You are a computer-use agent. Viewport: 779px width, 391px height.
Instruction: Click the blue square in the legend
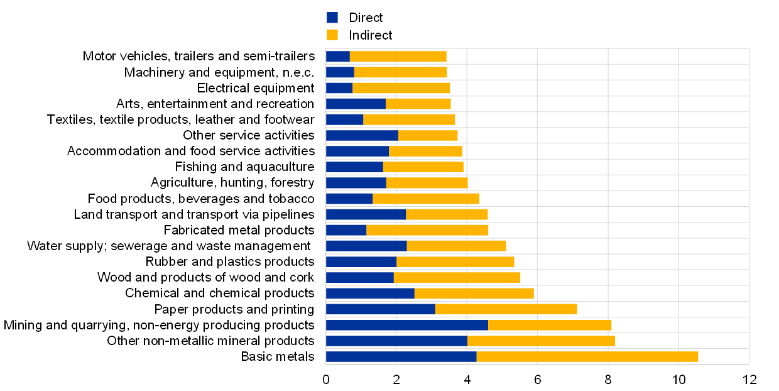coord(332,18)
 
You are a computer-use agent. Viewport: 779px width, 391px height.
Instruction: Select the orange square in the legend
coord(332,35)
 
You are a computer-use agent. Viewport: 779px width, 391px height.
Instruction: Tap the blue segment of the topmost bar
coord(338,57)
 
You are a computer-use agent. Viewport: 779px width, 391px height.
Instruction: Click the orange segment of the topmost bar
coord(398,57)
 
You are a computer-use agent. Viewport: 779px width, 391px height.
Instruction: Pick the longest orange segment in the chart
coord(587,356)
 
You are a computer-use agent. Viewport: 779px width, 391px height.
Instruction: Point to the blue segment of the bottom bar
coord(401,356)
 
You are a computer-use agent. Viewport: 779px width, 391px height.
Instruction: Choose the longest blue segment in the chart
coord(406,325)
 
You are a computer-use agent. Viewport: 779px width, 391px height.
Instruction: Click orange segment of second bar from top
coord(400,72)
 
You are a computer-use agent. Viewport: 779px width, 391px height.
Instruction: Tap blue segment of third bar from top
coord(339,88)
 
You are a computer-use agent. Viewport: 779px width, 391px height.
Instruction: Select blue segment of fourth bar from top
coord(356,104)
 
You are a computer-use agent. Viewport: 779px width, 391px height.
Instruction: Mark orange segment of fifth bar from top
coord(409,119)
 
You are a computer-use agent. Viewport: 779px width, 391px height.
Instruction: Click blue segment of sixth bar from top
coord(362,135)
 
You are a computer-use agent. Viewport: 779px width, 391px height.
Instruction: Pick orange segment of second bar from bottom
coord(541,341)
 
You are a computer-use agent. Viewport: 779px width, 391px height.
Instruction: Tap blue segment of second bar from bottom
coord(396,341)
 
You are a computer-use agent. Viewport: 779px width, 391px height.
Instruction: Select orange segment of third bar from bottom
coord(550,325)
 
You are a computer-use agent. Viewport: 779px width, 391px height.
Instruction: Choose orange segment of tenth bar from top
coord(425,199)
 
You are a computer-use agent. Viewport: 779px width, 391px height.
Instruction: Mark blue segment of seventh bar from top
coord(357,151)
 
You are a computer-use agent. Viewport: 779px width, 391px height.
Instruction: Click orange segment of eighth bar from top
coord(423,167)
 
